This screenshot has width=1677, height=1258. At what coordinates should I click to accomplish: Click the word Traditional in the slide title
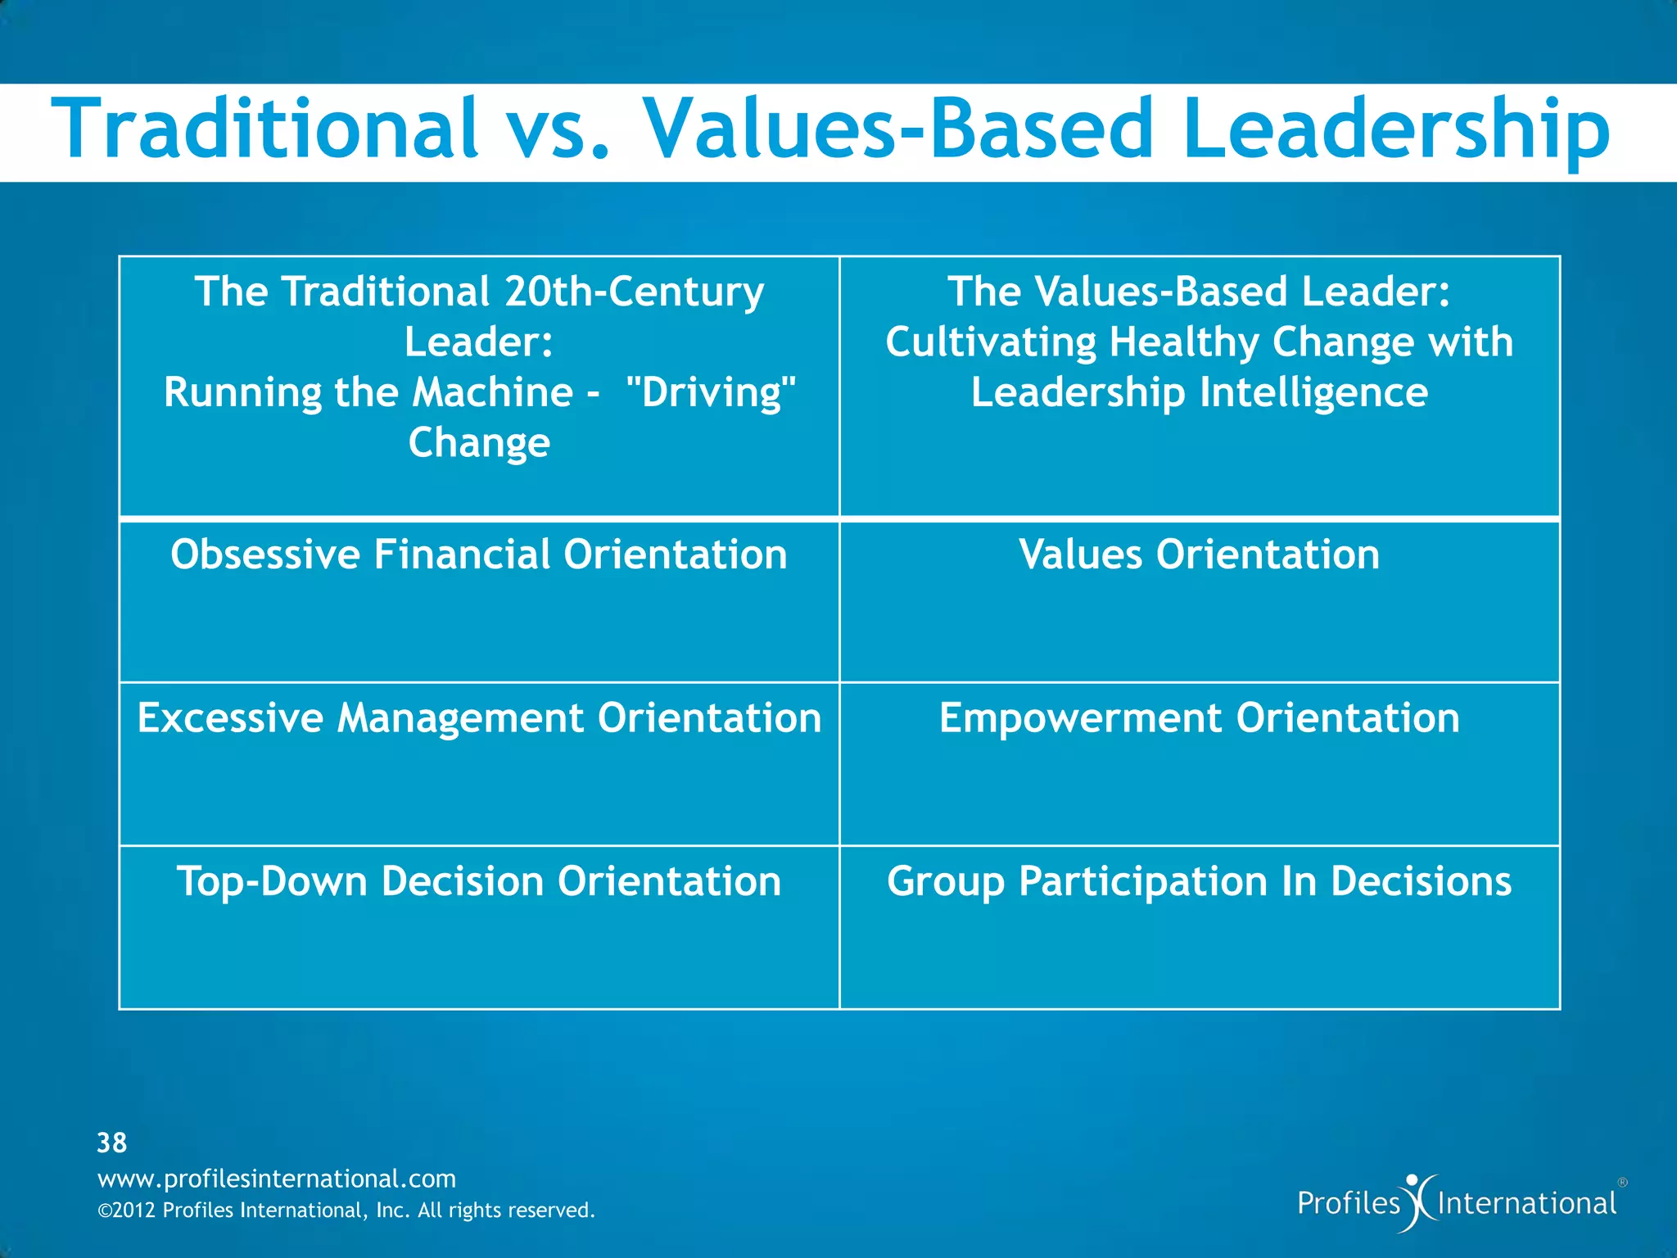click(x=264, y=129)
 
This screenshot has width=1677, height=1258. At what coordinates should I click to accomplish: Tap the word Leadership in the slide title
click(x=1396, y=129)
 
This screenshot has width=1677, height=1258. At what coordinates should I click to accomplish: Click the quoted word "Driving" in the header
click(x=710, y=392)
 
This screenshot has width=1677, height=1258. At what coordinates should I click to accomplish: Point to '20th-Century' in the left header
click(x=634, y=292)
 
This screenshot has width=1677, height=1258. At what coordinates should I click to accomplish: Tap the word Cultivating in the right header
click(x=990, y=342)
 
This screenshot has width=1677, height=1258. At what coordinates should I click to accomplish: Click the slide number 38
click(x=112, y=1143)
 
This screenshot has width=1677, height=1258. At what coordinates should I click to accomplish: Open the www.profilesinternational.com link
click(x=277, y=1179)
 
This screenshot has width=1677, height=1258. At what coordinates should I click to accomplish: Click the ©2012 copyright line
click(x=346, y=1210)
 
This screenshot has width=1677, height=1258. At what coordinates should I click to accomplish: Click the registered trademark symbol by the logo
click(x=1622, y=1183)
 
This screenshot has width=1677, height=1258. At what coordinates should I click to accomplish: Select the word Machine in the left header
click(x=492, y=392)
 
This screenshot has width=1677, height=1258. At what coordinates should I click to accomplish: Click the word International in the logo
click(x=1526, y=1204)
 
